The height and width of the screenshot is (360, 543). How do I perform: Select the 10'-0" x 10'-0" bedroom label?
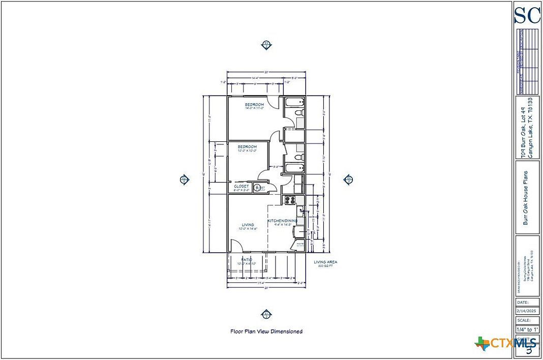(248, 148)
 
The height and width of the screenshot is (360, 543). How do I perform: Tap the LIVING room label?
(248, 227)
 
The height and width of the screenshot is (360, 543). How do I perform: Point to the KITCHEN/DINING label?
(283, 222)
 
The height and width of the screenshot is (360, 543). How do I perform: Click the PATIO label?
(247, 261)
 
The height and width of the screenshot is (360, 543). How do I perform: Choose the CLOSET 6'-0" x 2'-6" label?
(242, 188)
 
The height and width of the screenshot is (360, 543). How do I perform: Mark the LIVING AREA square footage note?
(325, 264)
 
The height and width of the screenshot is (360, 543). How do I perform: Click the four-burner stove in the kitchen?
(290, 200)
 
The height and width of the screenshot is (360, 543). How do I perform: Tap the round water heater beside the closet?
(259, 188)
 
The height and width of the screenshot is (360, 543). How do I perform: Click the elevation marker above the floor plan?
(266, 45)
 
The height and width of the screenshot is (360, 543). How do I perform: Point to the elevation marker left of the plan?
(185, 179)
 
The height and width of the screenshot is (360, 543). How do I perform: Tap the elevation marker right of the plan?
(349, 179)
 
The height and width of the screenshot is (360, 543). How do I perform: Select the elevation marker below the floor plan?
(265, 313)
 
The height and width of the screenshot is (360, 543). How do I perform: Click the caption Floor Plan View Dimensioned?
(266, 331)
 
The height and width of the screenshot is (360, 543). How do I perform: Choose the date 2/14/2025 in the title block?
(527, 310)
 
